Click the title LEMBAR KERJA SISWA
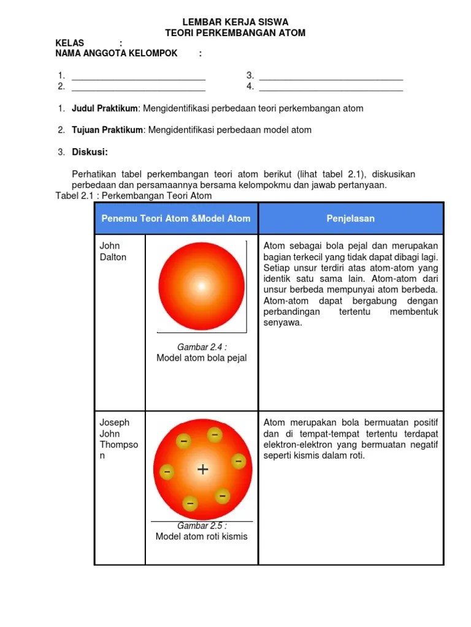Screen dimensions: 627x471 pos(235,22)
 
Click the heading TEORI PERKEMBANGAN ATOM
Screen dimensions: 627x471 pos(235,32)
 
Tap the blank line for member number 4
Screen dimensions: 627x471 pos(331,90)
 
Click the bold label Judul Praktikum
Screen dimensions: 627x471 pos(106,108)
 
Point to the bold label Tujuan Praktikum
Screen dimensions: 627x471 pos(107,130)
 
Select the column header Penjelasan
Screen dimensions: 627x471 pos(350,219)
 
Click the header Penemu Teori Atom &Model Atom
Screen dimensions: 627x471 pos(176,219)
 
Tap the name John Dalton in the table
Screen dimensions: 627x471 pos(113,251)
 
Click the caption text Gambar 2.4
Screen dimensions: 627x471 pos(202,347)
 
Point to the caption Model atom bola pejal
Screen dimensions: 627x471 pos(202,358)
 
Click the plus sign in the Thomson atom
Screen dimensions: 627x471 pos(202,470)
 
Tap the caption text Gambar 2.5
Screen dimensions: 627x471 pos(202,526)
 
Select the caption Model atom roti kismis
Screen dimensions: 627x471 pos(202,536)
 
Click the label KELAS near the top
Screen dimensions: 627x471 pos(70,43)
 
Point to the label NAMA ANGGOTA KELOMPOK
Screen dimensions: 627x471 pos(117,53)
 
